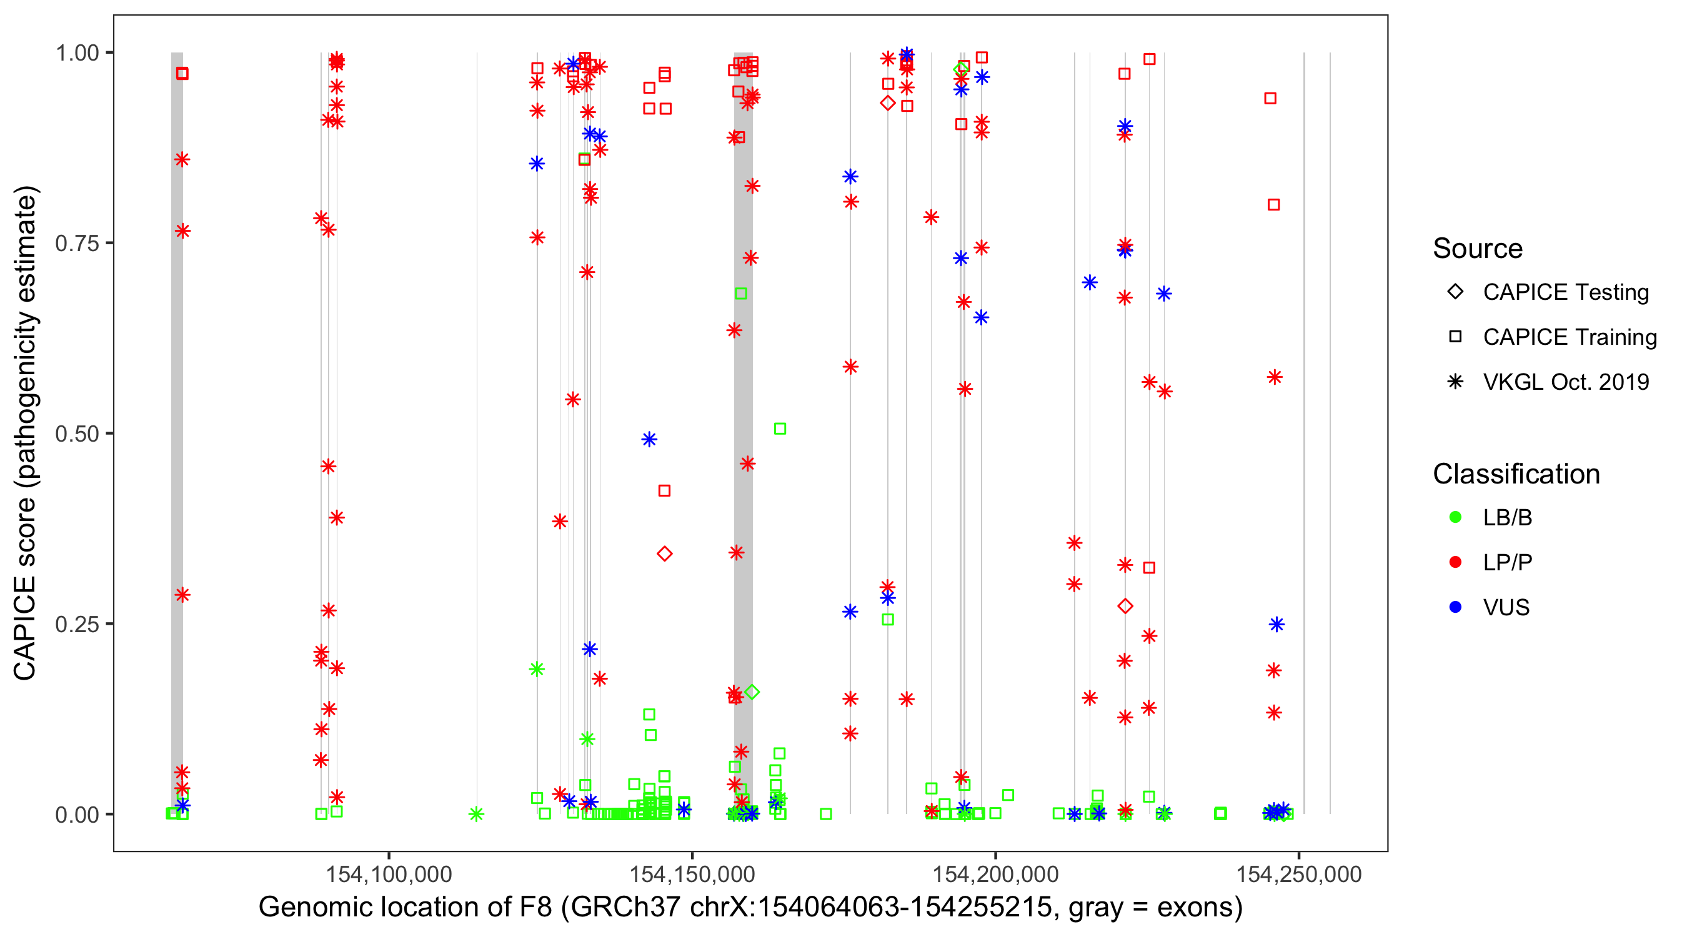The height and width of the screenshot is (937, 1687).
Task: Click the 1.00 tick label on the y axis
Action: coord(77,53)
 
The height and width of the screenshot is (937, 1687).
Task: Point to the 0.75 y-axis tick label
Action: coord(77,244)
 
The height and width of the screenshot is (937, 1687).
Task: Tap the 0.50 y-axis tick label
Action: coord(77,434)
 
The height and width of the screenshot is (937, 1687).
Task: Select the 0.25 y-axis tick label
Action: coord(77,624)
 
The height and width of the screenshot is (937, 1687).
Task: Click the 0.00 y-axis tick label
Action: coord(77,815)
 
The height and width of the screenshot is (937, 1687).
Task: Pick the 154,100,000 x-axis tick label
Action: coord(389,874)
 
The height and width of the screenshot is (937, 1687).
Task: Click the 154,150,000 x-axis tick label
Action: coord(692,874)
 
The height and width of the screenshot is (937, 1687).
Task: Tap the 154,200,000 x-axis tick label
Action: coord(995,874)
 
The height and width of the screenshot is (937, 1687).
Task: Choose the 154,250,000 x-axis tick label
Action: coord(1298,874)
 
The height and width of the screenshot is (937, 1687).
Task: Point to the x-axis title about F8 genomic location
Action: coord(750,908)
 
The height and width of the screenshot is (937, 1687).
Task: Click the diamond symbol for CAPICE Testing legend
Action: coord(1455,291)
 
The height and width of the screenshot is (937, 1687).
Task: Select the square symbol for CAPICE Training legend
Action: coord(1455,337)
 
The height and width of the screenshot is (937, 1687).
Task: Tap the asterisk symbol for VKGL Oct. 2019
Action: coord(1455,382)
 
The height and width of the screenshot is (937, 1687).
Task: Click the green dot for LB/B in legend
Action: coord(1455,517)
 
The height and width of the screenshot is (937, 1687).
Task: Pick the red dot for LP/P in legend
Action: coord(1455,562)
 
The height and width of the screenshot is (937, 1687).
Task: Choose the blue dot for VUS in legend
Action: coord(1455,608)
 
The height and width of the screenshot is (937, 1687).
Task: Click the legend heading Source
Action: coord(1478,249)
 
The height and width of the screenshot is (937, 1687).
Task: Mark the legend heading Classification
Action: coord(1516,474)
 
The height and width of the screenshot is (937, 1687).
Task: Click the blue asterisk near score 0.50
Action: coord(649,439)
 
